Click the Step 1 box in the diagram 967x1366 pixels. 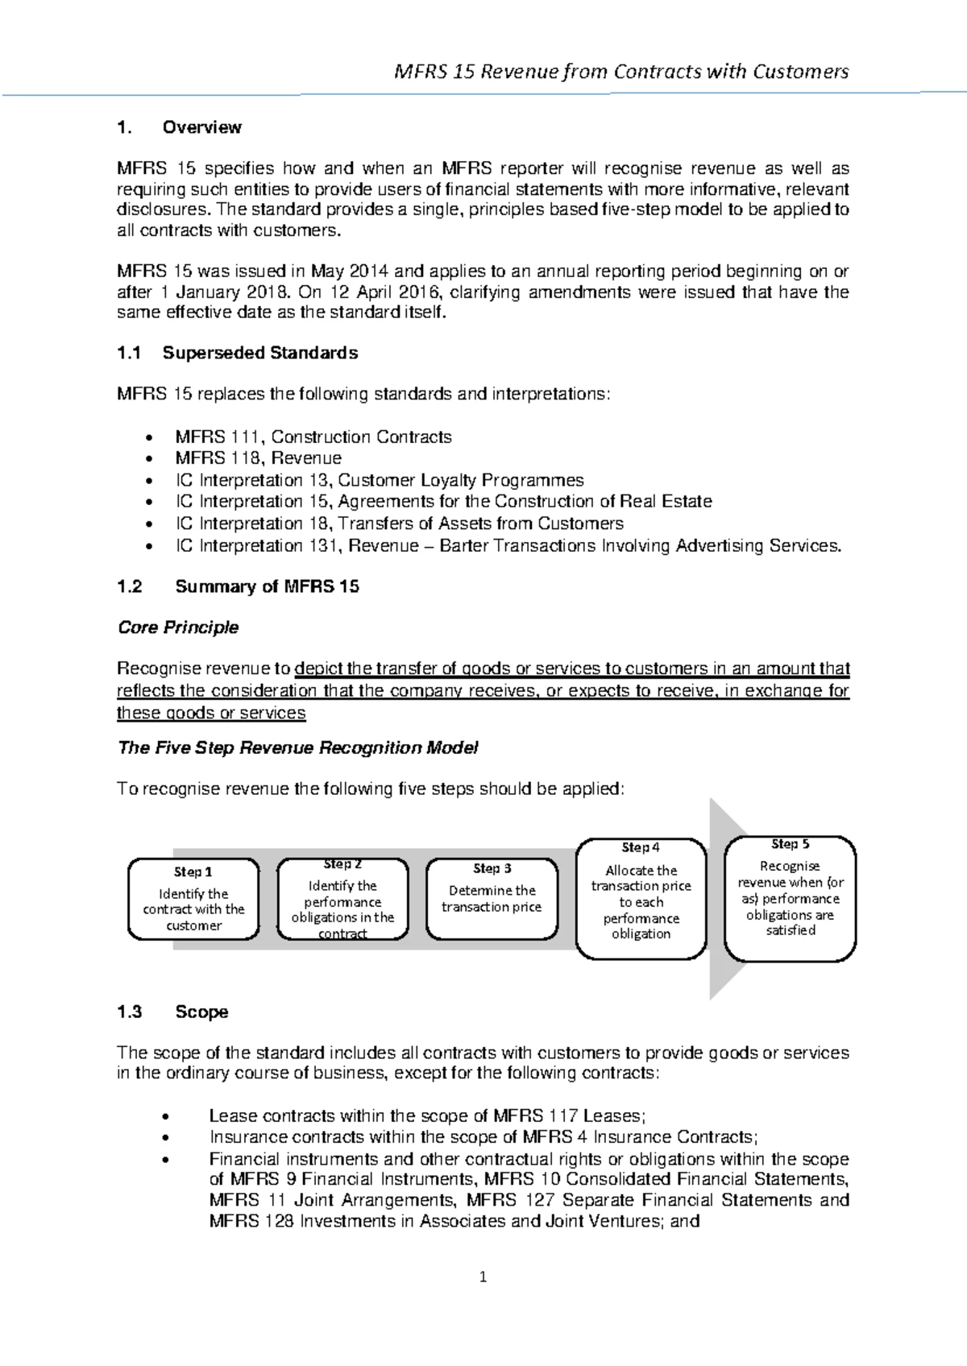[193, 899]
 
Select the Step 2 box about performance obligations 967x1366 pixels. [342, 899]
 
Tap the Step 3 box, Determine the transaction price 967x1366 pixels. [492, 899]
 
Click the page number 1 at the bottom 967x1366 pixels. [483, 1277]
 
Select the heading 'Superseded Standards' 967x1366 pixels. [259, 353]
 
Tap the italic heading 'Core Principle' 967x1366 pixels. [178, 627]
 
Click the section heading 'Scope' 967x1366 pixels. [201, 1012]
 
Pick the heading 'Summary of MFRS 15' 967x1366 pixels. [267, 586]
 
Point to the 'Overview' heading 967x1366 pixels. [201, 127]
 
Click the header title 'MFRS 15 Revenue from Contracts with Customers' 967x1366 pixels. [620, 72]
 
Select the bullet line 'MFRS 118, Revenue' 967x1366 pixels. [258, 458]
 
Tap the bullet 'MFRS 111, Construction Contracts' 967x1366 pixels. [313, 437]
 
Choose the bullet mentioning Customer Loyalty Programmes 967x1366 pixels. [379, 481]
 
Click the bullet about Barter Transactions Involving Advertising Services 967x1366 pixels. [508, 546]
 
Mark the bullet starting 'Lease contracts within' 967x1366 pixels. [427, 1116]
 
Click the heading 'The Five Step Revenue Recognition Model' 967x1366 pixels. [298, 748]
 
